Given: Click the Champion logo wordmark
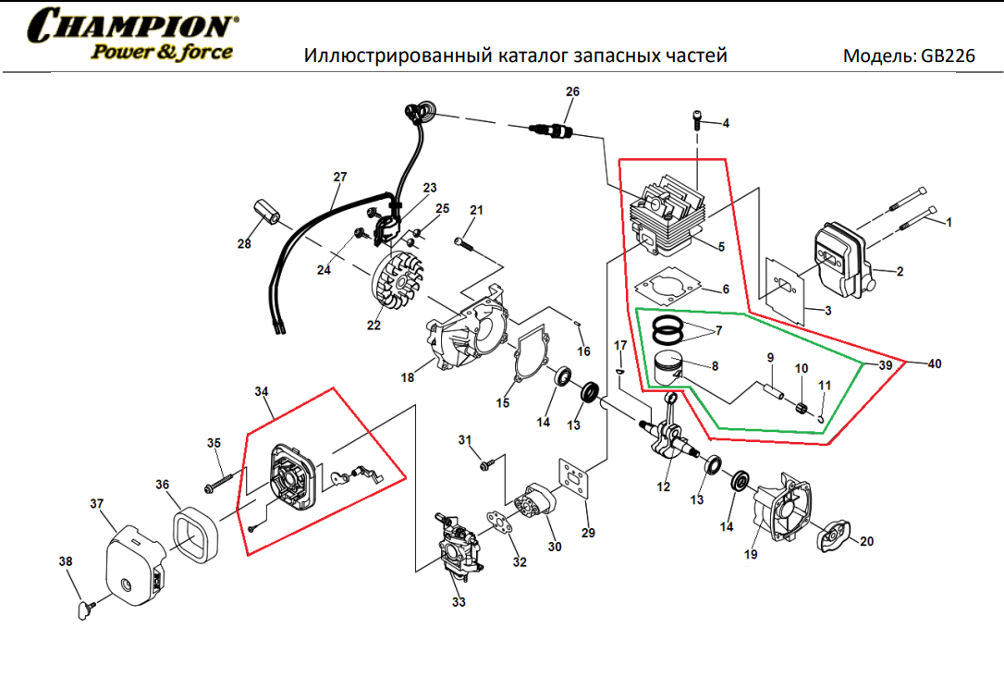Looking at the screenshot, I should [x=132, y=25].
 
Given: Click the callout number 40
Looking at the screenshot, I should [x=935, y=363].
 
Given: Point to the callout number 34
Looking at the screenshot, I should [x=261, y=392].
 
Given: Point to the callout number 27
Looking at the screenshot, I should [x=339, y=177].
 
